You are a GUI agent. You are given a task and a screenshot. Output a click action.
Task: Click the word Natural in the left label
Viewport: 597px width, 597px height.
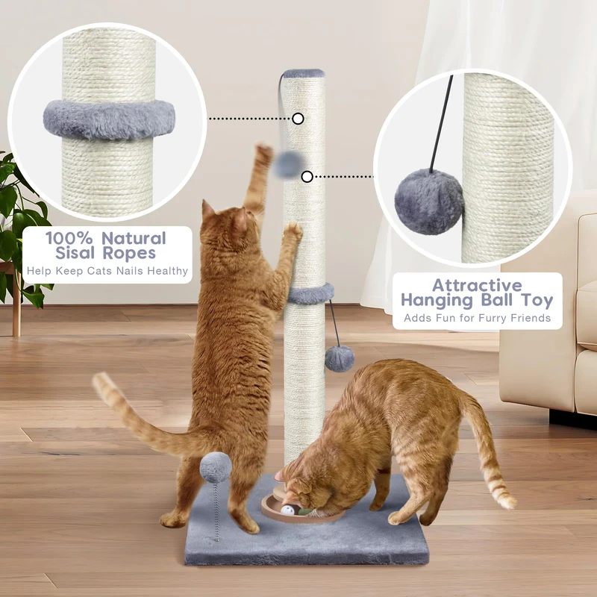click(x=134, y=239)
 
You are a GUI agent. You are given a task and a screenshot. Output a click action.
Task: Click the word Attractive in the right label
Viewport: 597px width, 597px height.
click(x=477, y=286)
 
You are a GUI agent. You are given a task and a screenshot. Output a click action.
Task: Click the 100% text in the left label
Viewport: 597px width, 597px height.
click(x=69, y=239)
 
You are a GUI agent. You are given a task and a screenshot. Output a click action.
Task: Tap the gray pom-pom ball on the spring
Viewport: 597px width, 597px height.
click(x=216, y=467)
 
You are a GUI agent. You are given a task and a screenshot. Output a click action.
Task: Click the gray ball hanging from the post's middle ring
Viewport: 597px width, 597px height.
click(x=340, y=359)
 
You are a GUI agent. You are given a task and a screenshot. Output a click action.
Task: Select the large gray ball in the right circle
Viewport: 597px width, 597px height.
click(x=428, y=201)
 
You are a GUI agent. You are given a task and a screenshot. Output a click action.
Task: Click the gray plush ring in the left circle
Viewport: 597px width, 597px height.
click(x=109, y=120)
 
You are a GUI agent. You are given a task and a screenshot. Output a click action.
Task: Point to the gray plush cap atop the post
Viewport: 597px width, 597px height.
click(x=304, y=73)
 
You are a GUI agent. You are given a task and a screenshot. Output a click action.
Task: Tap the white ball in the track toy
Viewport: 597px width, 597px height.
click(x=287, y=510)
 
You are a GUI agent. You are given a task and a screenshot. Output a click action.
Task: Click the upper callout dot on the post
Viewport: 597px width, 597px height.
click(x=298, y=119)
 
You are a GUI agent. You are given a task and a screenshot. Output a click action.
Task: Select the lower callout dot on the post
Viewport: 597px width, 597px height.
click(x=307, y=177)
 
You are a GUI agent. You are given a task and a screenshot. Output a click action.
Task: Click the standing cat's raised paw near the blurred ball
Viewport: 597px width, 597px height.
click(x=263, y=152)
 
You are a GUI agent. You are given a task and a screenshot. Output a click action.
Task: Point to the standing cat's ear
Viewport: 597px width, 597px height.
click(x=207, y=210)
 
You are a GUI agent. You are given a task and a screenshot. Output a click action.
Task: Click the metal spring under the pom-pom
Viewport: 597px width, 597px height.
click(x=217, y=511)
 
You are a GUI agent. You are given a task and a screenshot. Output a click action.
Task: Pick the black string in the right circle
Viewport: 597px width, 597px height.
click(x=441, y=124)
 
